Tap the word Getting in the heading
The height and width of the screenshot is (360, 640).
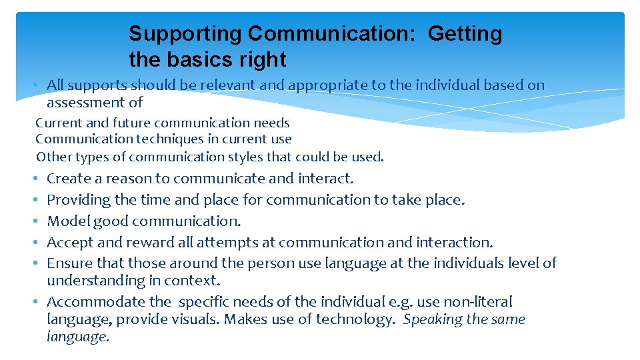coord(465,34)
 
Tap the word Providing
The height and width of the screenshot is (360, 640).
coord(77,200)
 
